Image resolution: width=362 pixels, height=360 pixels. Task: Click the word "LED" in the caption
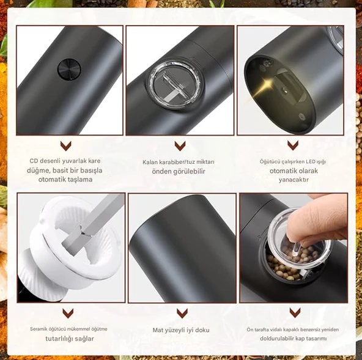click(x=311, y=161)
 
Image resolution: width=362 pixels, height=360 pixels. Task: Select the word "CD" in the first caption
click(x=34, y=161)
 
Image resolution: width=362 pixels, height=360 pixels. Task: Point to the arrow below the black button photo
click(x=66, y=146)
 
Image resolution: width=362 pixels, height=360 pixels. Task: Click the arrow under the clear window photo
click(x=180, y=146)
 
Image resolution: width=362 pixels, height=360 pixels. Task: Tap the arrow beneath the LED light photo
click(x=293, y=145)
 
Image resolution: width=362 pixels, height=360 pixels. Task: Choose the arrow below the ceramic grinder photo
click(x=68, y=314)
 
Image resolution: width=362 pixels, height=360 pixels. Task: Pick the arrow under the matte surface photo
click(x=182, y=314)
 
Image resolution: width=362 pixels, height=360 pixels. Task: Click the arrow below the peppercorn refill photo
click(x=295, y=313)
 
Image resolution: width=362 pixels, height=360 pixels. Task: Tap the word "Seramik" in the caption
click(x=38, y=329)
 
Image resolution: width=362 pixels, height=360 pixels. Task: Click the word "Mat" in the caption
click(x=157, y=330)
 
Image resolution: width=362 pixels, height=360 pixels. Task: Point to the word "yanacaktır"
click(x=294, y=180)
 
